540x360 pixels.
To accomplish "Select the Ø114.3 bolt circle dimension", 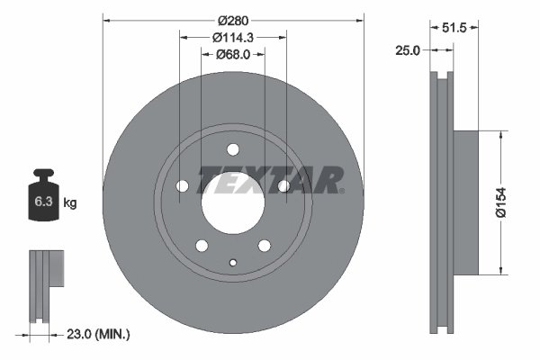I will [x=233, y=37].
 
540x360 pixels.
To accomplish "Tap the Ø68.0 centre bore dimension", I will [x=233, y=55].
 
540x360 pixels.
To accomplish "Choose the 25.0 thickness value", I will [x=408, y=50].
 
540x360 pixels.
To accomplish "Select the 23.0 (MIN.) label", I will [x=100, y=334].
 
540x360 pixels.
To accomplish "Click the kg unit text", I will [x=70, y=203].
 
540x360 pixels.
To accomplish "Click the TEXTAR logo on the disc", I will [x=270, y=180].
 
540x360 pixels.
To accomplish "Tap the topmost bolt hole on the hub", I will [x=233, y=149].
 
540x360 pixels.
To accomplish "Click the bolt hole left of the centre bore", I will [x=183, y=185].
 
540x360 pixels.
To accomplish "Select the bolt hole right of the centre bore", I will [x=283, y=185].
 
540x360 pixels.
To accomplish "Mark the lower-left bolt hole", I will [x=202, y=246].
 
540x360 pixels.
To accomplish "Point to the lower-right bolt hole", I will [x=265, y=246].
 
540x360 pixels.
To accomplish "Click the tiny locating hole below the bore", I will [x=233, y=263].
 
